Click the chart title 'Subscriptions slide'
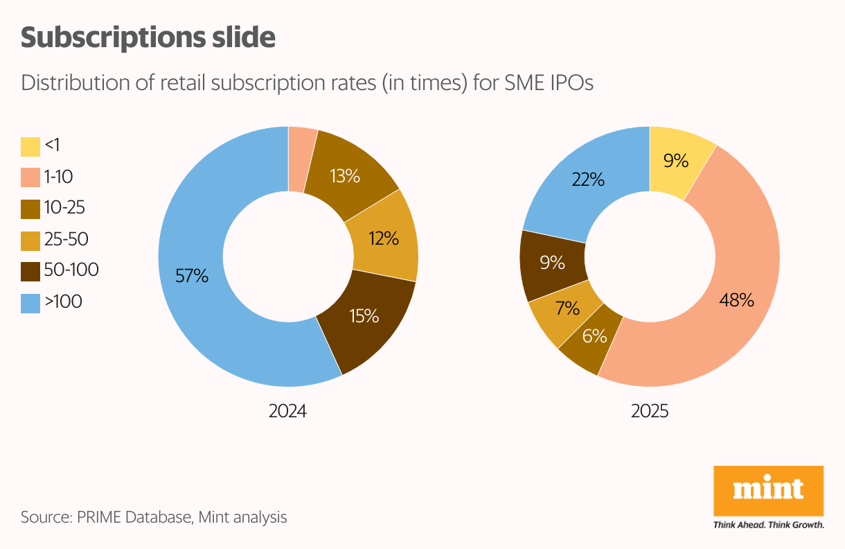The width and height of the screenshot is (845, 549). pos(148,37)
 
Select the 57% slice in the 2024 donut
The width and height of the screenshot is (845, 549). pos(201,291)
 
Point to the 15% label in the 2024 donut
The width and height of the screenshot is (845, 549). pos(364,316)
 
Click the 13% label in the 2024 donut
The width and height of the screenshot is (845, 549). pos(345,176)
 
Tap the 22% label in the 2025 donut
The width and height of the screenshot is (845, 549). pos(588,180)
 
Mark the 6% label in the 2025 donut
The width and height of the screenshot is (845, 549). pos(594,336)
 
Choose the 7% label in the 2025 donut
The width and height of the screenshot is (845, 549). pos(567,308)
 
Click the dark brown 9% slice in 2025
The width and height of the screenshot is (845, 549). pos(551,263)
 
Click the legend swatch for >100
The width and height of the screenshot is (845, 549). pos(30,304)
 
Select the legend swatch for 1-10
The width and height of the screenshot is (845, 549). pos(30,178)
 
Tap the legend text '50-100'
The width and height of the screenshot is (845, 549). pos(71,270)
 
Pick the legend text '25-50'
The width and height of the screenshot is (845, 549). pos(66,239)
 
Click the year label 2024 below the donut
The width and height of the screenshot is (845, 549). pos(287,411)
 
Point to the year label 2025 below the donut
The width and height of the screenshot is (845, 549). pos(650,411)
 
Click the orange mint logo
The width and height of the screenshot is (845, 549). pos(768,491)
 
